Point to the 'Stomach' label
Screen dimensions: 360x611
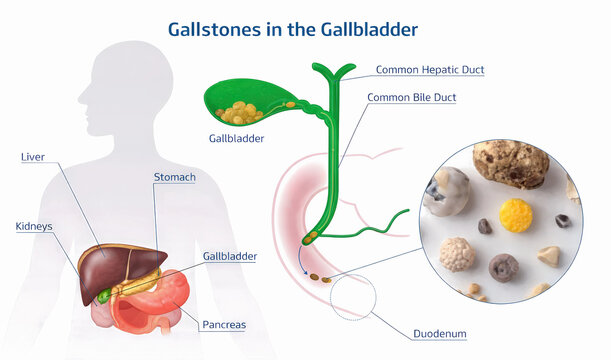click(x=174, y=177)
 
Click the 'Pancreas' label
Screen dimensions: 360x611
click(x=224, y=325)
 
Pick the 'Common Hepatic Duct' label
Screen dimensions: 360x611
click(x=430, y=70)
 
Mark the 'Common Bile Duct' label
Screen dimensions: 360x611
click(x=420, y=98)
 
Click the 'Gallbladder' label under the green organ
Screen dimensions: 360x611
click(x=237, y=139)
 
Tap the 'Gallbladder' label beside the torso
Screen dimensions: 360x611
click(x=230, y=256)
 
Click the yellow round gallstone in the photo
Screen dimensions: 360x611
click(x=516, y=214)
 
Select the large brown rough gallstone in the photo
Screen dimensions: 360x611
click(x=510, y=165)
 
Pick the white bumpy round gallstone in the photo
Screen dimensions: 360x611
click(x=457, y=254)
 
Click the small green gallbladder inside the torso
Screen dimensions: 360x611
click(x=104, y=296)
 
